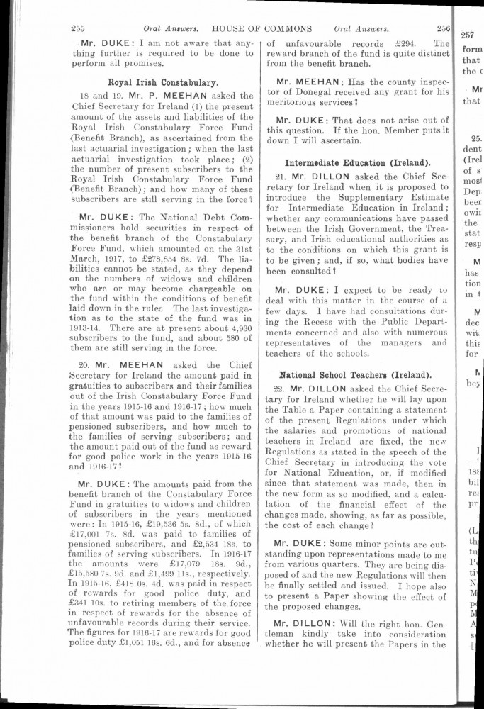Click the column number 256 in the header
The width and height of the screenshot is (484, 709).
click(444, 29)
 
